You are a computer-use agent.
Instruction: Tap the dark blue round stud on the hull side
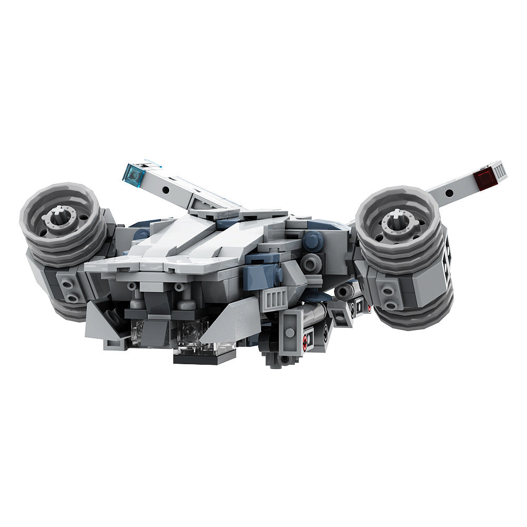coord(313,240)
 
